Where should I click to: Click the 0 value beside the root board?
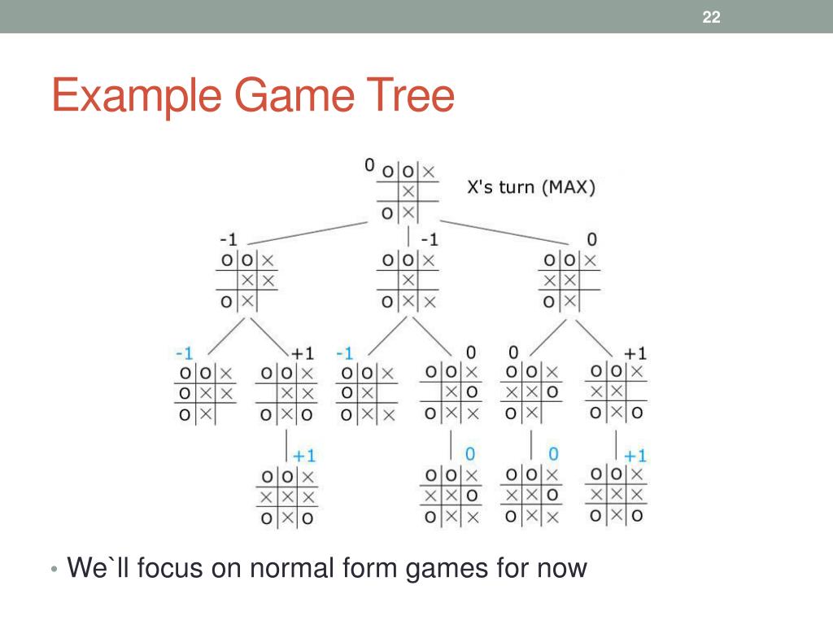370,165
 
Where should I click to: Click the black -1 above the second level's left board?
228,240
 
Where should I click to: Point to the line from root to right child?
504,230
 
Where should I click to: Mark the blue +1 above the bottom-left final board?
304,455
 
